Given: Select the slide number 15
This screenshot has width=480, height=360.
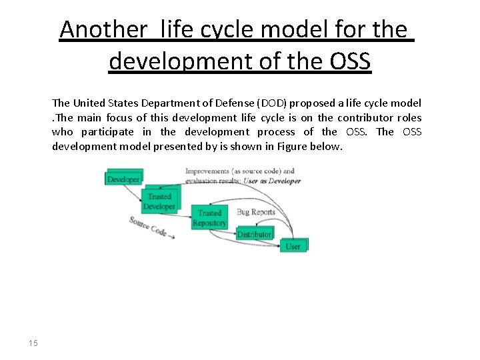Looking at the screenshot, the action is point(33,343).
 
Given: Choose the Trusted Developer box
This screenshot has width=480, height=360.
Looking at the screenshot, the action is point(159,201).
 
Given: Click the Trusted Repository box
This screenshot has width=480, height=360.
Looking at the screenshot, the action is point(209,218).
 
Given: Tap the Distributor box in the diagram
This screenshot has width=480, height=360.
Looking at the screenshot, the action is point(254,234).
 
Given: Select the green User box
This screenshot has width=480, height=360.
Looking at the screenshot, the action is point(293,246).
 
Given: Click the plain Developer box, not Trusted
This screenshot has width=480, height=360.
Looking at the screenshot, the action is point(123,179).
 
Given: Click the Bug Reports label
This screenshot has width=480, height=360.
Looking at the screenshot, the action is point(255,212).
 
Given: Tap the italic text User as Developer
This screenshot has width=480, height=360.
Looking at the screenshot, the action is point(271,181).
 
